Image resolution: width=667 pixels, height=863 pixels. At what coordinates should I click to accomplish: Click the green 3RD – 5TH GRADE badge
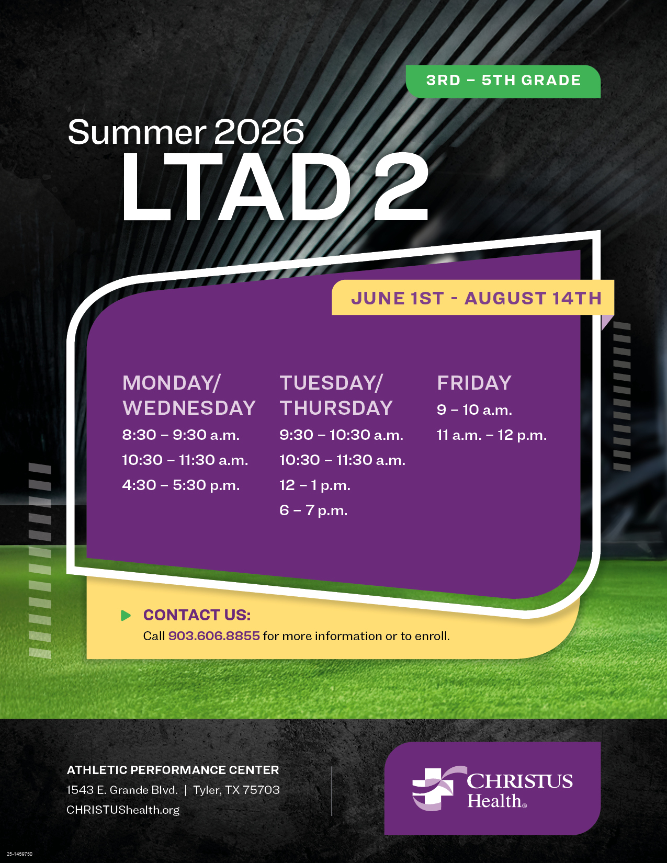(x=503, y=82)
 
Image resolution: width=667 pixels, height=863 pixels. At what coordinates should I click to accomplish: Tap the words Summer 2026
(x=186, y=132)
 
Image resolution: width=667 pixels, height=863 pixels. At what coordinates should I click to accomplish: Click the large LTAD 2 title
(x=275, y=187)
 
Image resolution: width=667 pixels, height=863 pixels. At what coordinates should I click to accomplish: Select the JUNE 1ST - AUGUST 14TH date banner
(x=473, y=298)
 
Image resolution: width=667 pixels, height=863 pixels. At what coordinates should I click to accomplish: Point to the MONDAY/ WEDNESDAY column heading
(x=189, y=395)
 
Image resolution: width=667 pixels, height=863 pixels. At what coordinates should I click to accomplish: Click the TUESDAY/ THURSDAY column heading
(x=336, y=395)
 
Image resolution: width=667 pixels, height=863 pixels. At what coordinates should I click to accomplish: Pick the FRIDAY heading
(x=474, y=383)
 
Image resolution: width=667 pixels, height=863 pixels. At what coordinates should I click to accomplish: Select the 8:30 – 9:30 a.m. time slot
(x=181, y=435)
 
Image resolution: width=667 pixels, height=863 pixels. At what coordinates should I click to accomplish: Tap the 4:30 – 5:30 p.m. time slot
(x=181, y=485)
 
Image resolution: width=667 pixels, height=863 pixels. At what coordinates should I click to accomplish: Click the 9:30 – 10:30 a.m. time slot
(x=341, y=435)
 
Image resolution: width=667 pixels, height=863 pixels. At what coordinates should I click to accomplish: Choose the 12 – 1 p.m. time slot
(x=314, y=485)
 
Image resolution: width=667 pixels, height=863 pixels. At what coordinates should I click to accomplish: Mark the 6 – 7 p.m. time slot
(x=313, y=510)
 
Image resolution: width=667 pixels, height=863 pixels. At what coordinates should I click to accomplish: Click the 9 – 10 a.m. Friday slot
(x=474, y=410)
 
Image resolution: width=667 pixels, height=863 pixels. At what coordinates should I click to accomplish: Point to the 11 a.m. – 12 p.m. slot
(x=492, y=435)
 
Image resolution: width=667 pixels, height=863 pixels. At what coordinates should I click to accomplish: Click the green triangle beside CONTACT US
(x=126, y=615)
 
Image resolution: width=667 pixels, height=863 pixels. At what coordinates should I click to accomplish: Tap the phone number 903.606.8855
(x=214, y=636)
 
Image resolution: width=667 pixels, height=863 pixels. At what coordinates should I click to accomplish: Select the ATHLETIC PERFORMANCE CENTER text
(x=173, y=770)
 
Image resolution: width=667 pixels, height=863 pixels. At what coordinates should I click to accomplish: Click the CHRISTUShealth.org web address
(x=123, y=810)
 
